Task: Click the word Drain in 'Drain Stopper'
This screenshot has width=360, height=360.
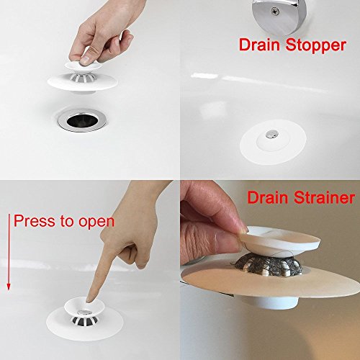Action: [x=259, y=45]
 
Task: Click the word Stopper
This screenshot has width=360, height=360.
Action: [x=316, y=46]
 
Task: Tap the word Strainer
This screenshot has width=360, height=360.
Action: [x=324, y=197]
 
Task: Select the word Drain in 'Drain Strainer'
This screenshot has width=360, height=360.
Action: [x=267, y=197]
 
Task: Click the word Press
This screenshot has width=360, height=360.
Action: [x=35, y=220]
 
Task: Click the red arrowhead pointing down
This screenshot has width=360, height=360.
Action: [x=9, y=287]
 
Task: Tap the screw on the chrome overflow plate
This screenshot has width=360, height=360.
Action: [x=274, y=10]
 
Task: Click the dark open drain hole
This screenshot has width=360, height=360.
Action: [x=83, y=121]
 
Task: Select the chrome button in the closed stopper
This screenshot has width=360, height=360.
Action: [x=271, y=134]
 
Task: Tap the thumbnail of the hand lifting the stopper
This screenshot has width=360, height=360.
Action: [x=84, y=60]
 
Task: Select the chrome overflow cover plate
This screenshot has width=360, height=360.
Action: [x=279, y=16]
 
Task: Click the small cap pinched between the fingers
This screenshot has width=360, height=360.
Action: [x=82, y=66]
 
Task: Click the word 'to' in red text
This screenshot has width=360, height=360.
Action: [x=66, y=221]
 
